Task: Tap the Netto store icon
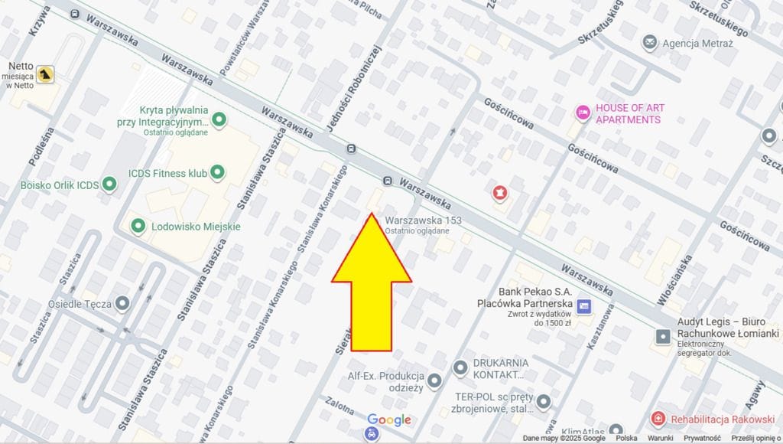pos(47,73)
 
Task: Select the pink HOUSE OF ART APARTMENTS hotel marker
pos(583,113)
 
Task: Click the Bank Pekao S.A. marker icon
pos(585,306)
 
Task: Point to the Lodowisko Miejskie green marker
pos(138,227)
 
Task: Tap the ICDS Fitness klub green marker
pos(218,173)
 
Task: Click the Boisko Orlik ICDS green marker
pos(110,184)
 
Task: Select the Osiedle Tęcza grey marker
pos(122,304)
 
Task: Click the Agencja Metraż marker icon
pos(650,43)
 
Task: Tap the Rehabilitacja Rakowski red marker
pos(658,419)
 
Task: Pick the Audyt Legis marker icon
pos(663,336)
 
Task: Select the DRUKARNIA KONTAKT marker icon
pos(460,368)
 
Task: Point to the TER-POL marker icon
pos(544,401)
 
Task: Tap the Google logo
pos(389,420)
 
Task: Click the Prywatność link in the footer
pos(701,439)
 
